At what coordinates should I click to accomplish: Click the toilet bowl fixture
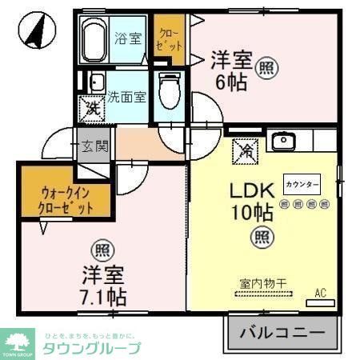click(170, 90)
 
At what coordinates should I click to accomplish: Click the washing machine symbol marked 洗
click(89, 107)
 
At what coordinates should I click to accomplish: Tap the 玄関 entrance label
click(94, 146)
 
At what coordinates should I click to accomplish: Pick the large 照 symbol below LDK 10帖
click(260, 235)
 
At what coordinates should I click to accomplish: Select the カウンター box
click(302, 184)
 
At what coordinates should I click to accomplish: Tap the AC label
click(320, 292)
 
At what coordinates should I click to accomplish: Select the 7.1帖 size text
click(103, 297)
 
